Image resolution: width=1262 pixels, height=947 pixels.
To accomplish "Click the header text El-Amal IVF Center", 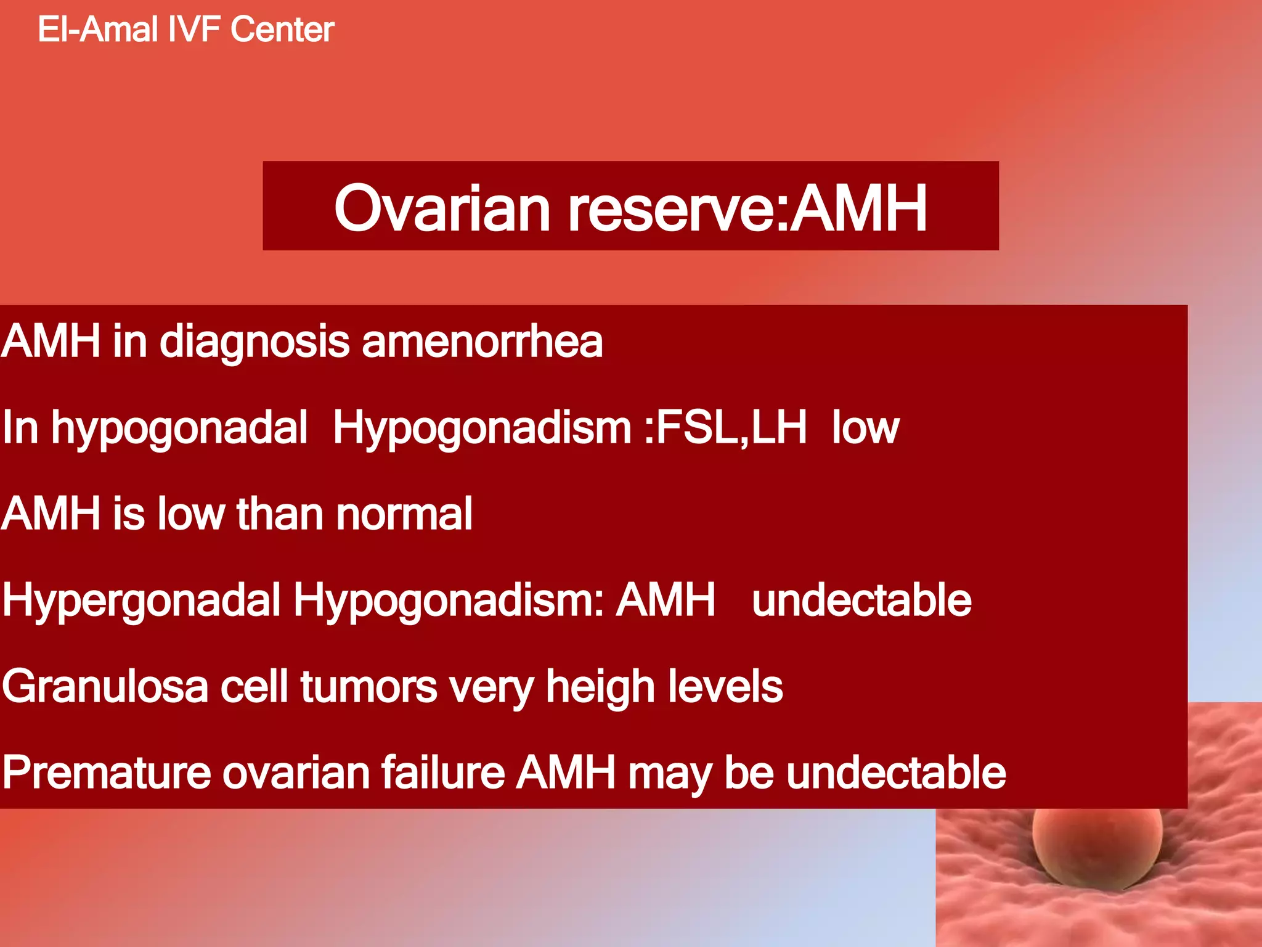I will tap(185, 30).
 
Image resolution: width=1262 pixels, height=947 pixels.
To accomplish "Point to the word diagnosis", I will tap(254, 343).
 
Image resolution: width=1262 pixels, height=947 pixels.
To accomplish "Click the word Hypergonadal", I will tap(141, 601).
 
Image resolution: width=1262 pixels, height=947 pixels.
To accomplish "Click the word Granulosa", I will tap(105, 686).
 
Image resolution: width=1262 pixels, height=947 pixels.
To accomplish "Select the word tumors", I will tap(368, 686).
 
